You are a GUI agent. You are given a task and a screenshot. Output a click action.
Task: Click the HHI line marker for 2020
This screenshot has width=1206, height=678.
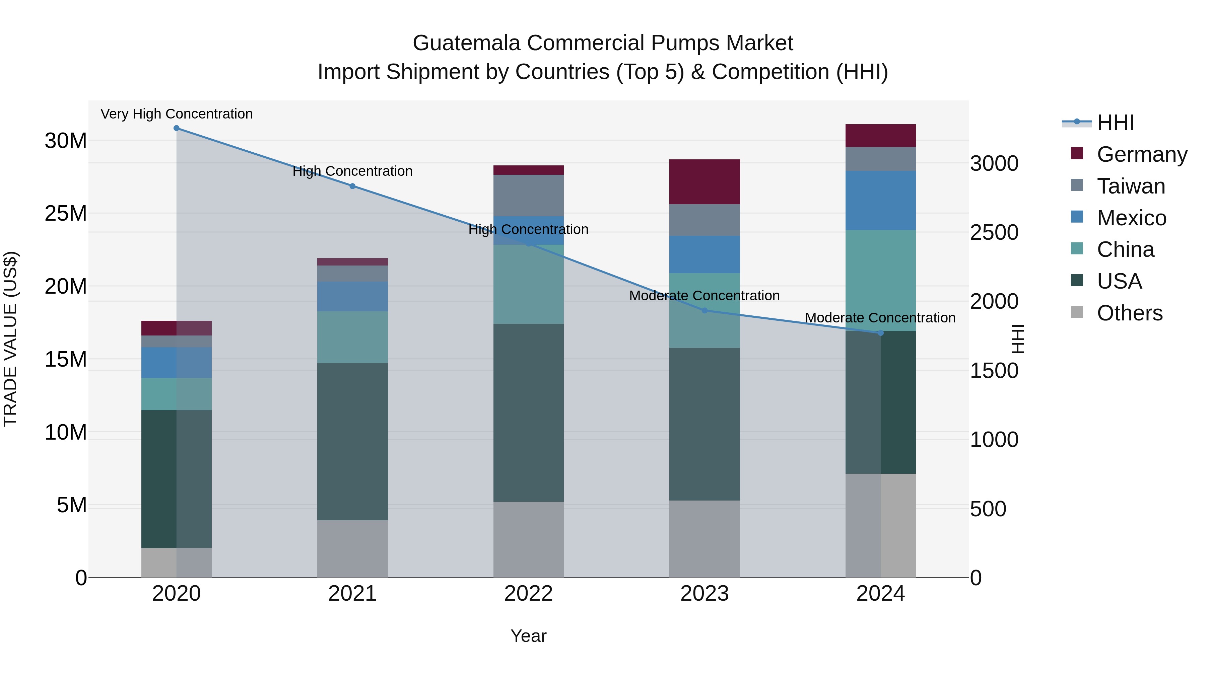pos(177,128)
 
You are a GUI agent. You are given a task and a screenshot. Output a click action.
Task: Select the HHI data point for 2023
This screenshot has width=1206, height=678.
pos(704,311)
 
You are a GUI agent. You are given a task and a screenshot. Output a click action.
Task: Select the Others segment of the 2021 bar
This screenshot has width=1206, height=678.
pos(352,548)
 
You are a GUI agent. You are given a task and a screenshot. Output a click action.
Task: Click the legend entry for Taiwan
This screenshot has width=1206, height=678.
pos(1131,186)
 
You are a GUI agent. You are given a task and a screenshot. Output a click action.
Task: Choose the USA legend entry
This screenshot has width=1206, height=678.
pos(1119,281)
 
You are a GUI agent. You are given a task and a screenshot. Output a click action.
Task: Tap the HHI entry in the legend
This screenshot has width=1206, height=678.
pos(1115,123)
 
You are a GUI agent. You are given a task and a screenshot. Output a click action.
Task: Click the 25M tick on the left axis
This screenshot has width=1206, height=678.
pos(66,213)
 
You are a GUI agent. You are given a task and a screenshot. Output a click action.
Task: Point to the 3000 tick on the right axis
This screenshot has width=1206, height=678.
pos(994,163)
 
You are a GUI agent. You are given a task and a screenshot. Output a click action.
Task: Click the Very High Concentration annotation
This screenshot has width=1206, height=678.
pos(177,114)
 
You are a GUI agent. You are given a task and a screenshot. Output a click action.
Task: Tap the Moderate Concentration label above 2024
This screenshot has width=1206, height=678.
pos(880,318)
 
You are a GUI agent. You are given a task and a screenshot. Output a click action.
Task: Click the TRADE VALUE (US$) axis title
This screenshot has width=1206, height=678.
pos(10,339)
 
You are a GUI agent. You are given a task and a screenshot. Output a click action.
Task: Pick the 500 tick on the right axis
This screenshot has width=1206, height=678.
pos(988,509)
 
